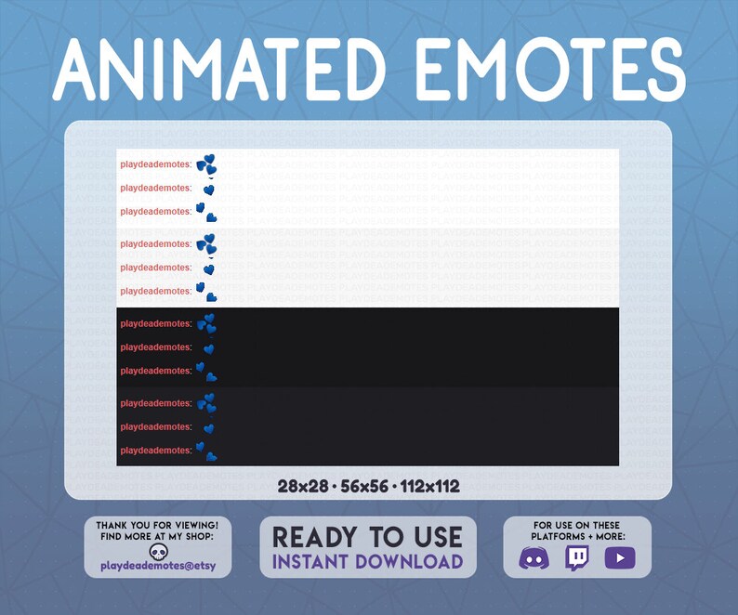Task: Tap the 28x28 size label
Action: click(302, 486)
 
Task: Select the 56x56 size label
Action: click(362, 486)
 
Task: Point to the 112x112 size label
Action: click(429, 486)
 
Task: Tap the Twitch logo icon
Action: click(576, 558)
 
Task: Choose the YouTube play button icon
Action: click(619, 558)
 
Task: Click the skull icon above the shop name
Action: click(157, 551)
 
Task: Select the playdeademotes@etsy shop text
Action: click(157, 566)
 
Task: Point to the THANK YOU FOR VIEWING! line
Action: click(157, 526)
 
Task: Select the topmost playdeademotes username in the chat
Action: click(155, 164)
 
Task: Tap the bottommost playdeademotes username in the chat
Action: click(155, 451)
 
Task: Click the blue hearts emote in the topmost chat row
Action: click(206, 165)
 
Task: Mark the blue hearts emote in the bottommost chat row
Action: click(206, 451)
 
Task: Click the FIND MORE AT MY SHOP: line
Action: click(157, 537)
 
